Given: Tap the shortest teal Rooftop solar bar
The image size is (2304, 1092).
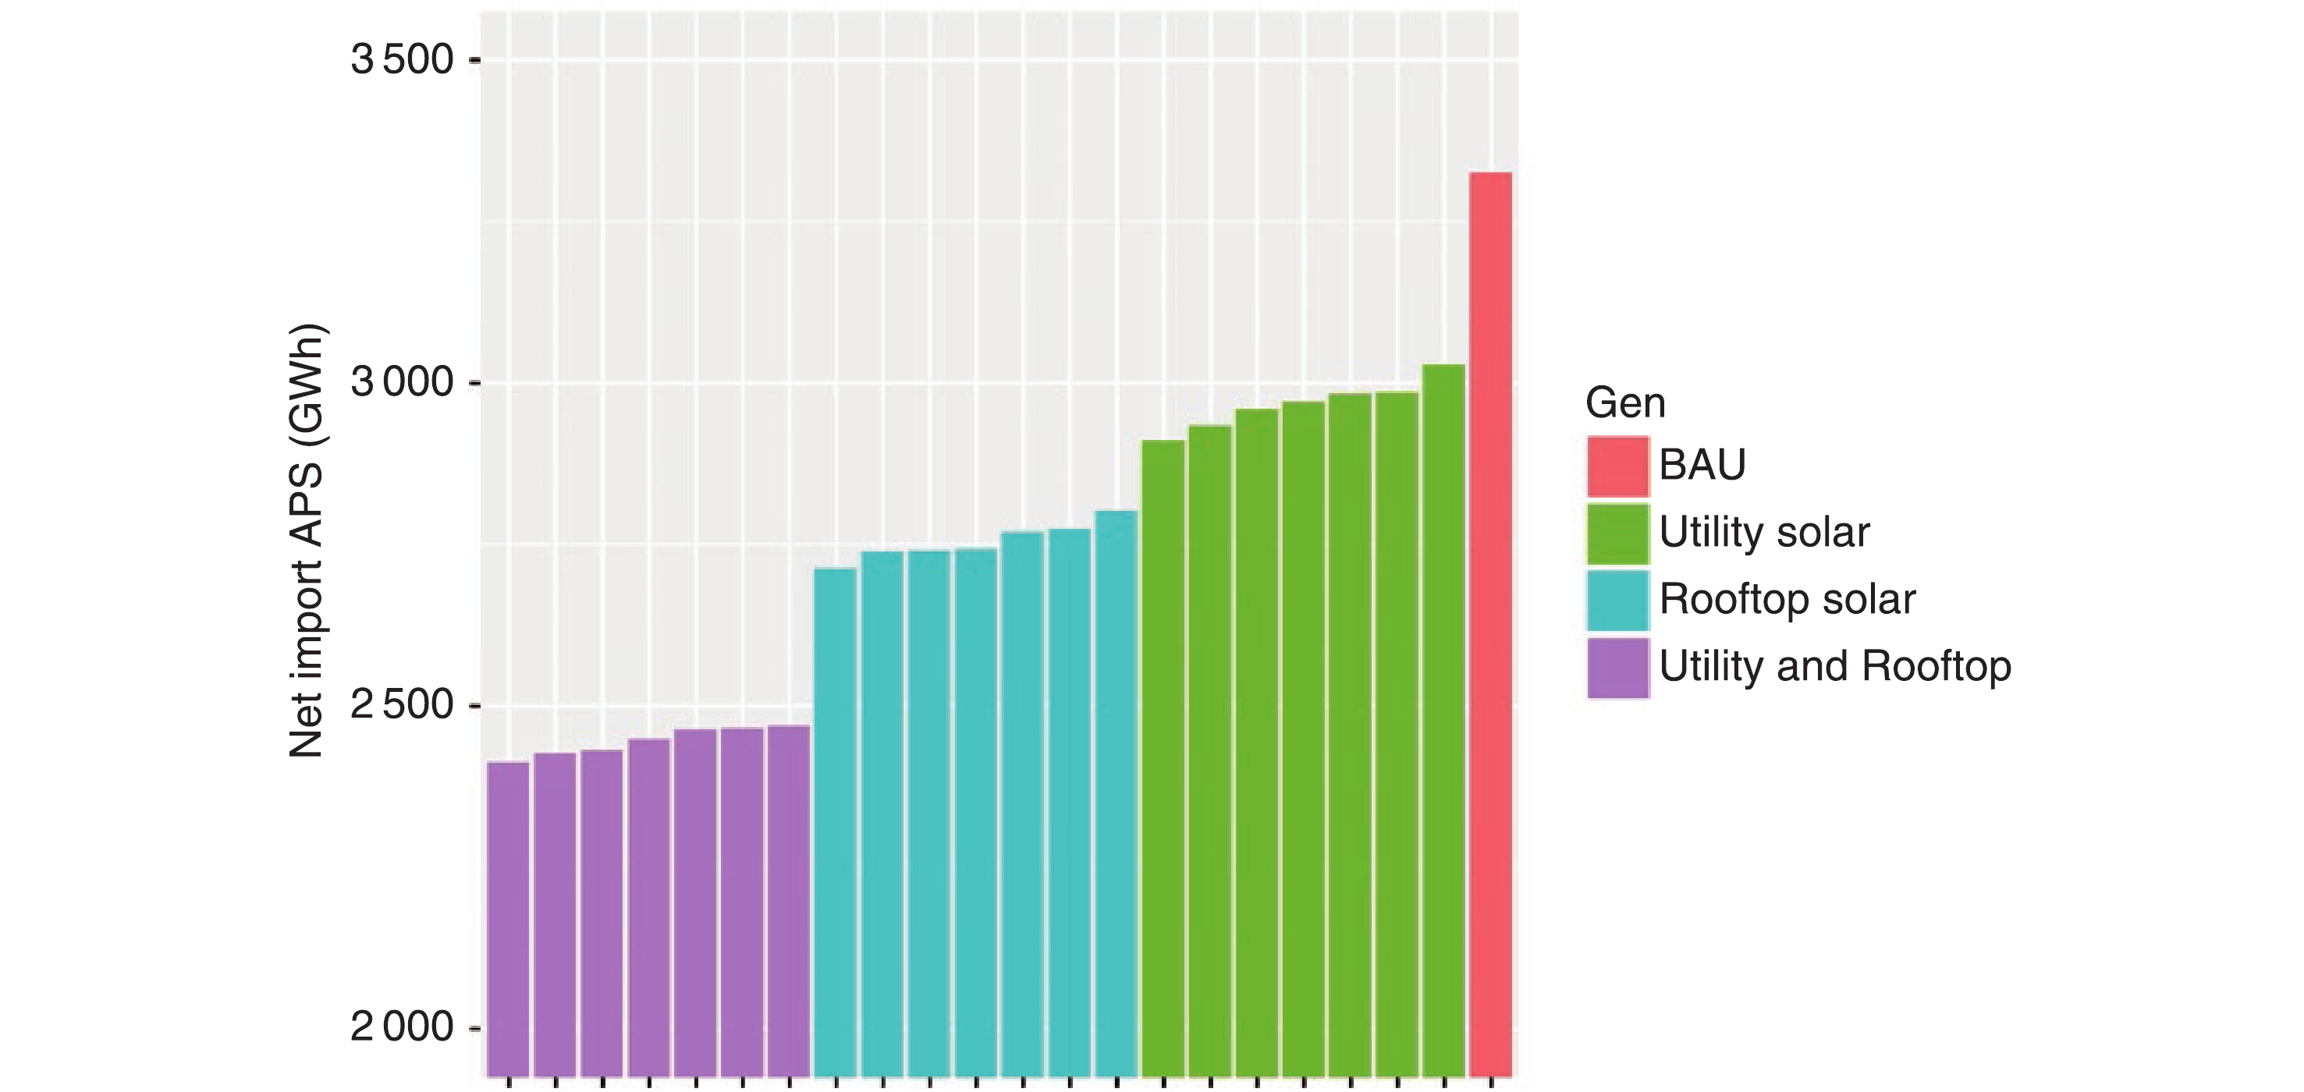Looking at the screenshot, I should [836, 823].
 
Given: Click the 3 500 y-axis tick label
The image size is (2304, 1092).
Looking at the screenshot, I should [403, 60].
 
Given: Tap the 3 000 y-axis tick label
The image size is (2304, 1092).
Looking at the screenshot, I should [403, 383].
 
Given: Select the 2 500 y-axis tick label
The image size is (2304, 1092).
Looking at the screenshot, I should [403, 706].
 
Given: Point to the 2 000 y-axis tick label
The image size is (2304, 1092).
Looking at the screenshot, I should [403, 1027].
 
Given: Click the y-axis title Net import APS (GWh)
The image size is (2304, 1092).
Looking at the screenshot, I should [307, 542].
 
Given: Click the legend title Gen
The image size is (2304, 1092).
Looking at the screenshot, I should [1625, 403].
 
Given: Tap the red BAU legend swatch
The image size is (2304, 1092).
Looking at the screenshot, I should [1618, 466].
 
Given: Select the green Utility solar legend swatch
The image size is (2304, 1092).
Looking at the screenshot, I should [1618, 534].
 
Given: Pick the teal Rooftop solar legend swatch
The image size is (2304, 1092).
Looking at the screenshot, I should [1618, 600].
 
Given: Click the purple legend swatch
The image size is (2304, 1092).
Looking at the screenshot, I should [1618, 667].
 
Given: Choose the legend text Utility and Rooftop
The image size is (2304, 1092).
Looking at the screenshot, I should [1834, 667].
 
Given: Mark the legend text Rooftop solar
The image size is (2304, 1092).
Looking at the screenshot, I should [1787, 600].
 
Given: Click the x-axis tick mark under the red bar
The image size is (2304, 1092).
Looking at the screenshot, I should [1491, 1083].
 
